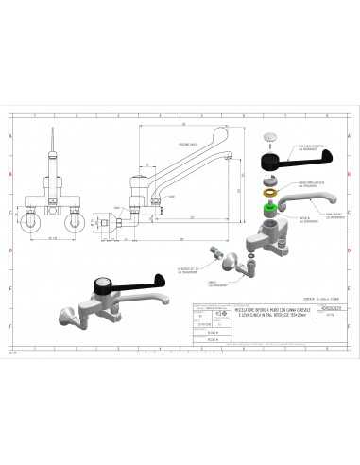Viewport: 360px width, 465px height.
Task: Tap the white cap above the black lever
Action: pos(268,136)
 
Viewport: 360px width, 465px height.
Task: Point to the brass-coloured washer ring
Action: pos(269,190)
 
